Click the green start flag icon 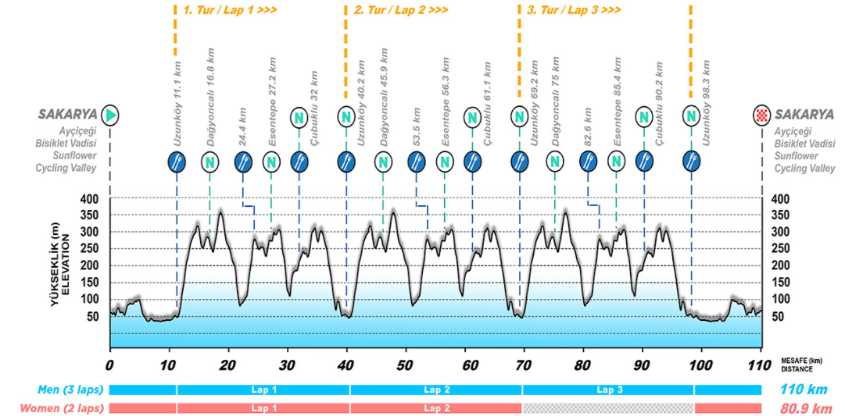point(110,115)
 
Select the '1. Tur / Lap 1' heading point(230,10)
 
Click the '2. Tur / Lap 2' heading point(401,10)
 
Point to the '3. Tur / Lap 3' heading point(574,10)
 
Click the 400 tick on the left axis point(90,199)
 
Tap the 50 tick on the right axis point(779,317)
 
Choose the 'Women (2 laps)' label point(61,407)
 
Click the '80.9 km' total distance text point(804,407)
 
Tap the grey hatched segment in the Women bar point(607,408)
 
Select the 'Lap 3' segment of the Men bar point(607,389)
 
